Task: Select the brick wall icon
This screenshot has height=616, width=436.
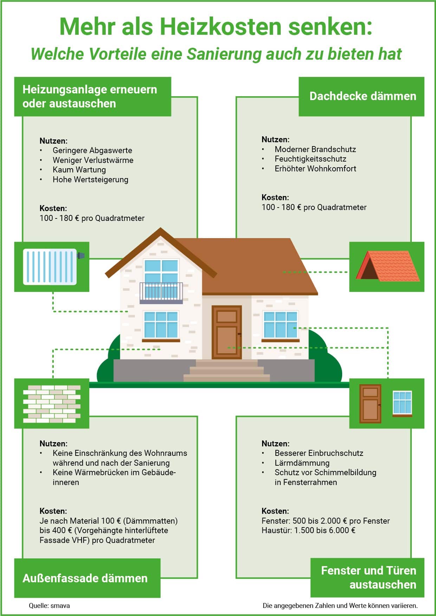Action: [52, 404]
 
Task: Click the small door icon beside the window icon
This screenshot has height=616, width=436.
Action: [370, 404]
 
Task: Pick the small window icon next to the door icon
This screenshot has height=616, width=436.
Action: [402, 404]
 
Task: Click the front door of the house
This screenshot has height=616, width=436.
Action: [227, 332]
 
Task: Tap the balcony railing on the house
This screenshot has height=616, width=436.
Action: [161, 291]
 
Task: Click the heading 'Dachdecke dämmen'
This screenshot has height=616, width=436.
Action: [363, 96]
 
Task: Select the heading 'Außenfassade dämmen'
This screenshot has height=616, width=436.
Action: [85, 578]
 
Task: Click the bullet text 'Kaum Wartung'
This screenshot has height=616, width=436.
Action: [79, 170]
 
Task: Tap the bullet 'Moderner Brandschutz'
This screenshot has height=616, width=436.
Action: [315, 149]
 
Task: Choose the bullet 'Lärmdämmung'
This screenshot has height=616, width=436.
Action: [302, 463]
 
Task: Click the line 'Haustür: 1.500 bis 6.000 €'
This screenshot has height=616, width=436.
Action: [308, 530]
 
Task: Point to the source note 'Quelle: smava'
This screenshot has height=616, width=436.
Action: [49, 605]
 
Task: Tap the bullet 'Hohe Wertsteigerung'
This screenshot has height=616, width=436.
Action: [90, 179]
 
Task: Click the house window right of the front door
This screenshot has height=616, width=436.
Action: [280, 325]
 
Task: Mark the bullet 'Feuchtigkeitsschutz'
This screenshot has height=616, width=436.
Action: [310, 159]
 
